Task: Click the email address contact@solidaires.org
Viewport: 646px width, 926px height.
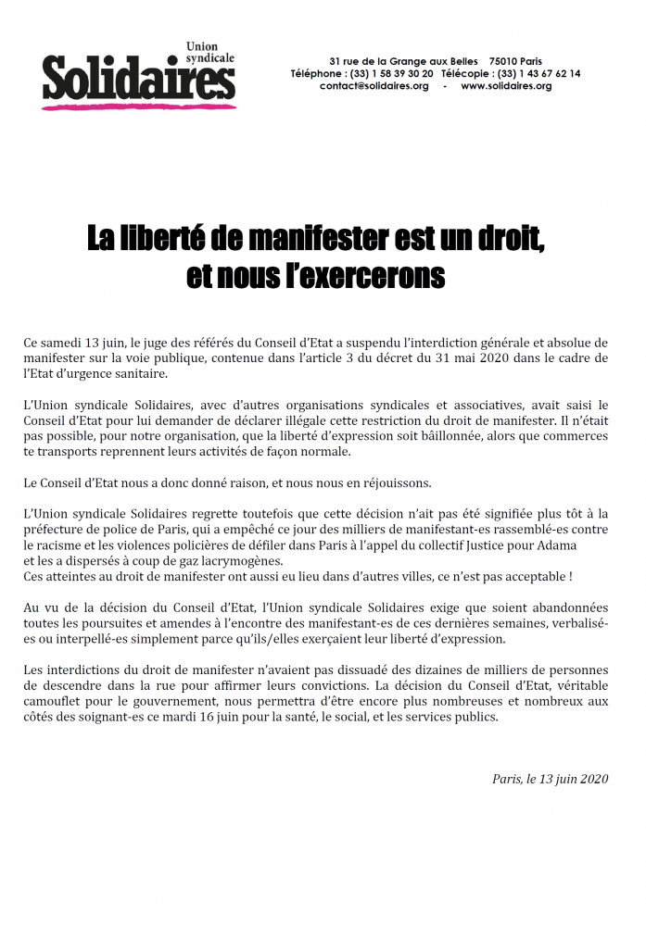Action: tap(374, 86)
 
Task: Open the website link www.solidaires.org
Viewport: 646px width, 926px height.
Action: tap(505, 86)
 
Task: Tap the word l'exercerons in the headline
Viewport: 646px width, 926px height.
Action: tap(368, 276)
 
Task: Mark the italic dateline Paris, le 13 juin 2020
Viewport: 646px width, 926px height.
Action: tap(550, 779)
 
